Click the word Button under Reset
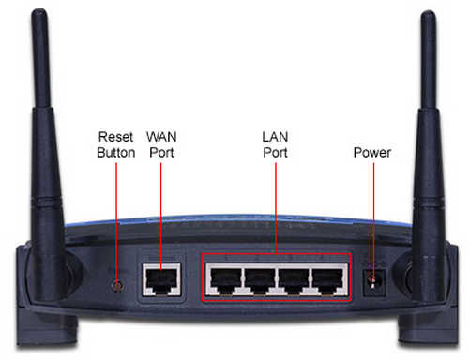[115, 151]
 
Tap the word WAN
[163, 135]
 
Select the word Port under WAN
[163, 151]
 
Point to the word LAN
[275, 135]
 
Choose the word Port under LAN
[275, 151]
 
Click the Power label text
[371, 151]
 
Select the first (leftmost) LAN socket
[222, 278]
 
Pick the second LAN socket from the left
[257, 278]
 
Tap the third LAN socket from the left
[292, 278]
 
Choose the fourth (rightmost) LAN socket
[326, 278]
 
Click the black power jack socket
[374, 280]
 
